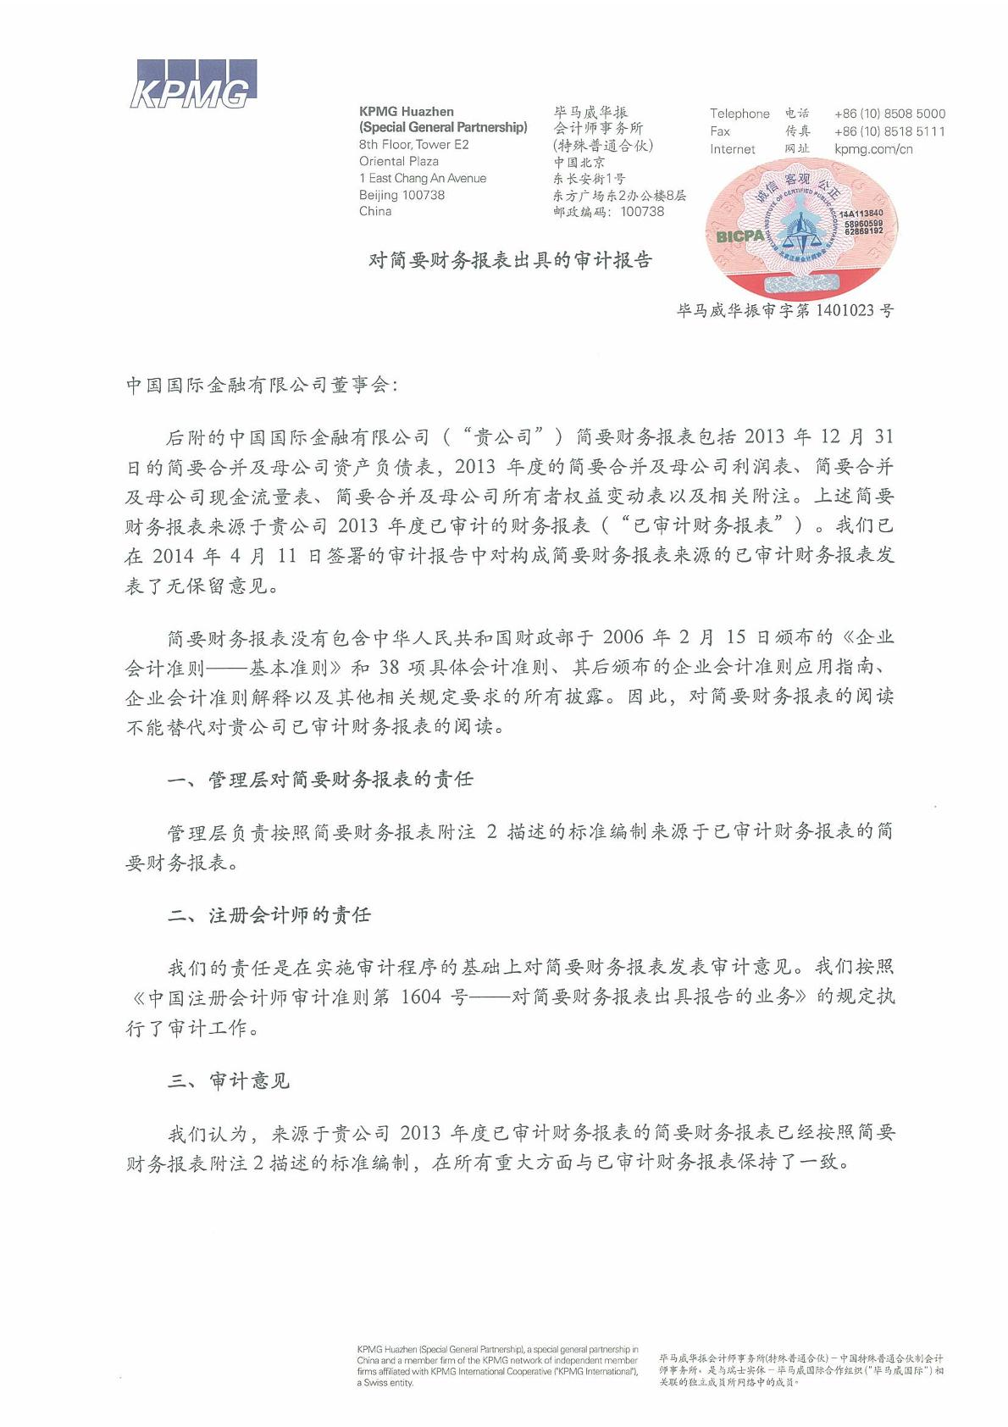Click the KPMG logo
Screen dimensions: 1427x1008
click(193, 85)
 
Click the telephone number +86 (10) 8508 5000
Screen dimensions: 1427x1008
click(889, 114)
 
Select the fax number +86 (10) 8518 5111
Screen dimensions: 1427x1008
click(889, 131)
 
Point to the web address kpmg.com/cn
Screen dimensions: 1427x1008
click(873, 149)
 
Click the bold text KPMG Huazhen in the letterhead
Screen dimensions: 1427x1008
click(406, 111)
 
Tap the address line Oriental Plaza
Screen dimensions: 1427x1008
click(398, 161)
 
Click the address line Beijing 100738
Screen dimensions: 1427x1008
click(402, 195)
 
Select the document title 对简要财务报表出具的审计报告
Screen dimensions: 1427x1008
click(510, 260)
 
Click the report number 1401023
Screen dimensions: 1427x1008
click(845, 310)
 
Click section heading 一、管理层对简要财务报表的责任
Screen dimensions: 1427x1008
click(320, 779)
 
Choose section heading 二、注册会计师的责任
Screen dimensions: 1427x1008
click(269, 915)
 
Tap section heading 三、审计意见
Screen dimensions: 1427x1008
click(229, 1080)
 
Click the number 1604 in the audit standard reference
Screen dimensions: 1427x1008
click(420, 997)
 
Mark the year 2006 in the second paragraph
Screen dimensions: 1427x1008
click(623, 637)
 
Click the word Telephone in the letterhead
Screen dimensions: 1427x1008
click(739, 114)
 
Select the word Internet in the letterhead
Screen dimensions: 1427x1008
click(732, 149)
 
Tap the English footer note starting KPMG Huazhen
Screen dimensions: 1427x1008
click(497, 1365)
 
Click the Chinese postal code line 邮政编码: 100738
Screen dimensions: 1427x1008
click(608, 212)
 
